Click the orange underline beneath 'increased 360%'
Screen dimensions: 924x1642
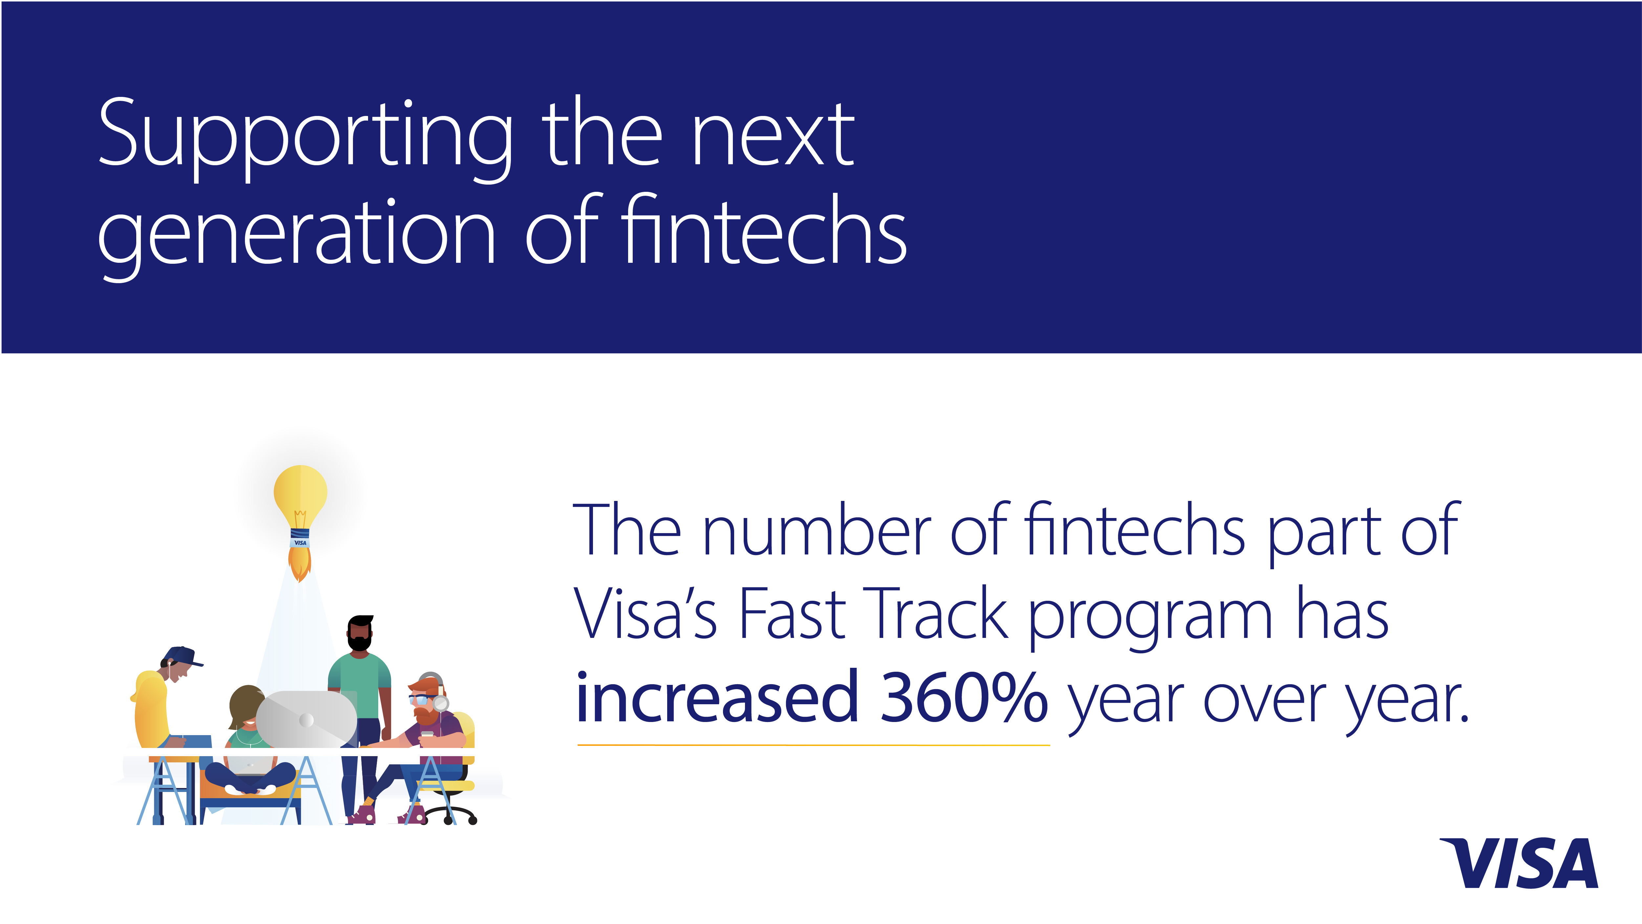813,744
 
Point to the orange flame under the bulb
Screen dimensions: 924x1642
299,564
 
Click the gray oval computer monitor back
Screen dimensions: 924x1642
306,719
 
